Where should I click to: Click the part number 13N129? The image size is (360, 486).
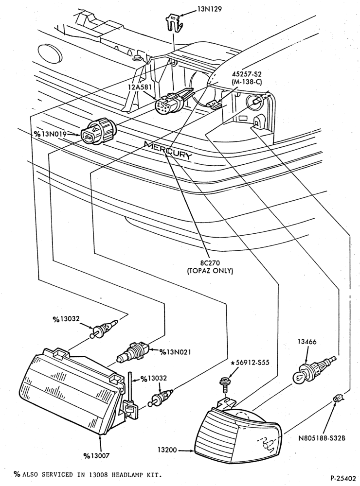[x=210, y=9]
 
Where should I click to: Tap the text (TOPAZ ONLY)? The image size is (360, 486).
[x=210, y=271]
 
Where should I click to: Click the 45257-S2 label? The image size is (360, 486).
[x=247, y=74]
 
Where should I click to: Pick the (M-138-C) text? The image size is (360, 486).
[x=247, y=81]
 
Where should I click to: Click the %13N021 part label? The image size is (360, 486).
[x=175, y=352]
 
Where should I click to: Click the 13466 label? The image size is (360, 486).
[x=307, y=342]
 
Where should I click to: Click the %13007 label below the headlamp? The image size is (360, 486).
[x=96, y=455]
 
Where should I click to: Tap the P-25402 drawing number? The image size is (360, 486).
[x=343, y=478]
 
